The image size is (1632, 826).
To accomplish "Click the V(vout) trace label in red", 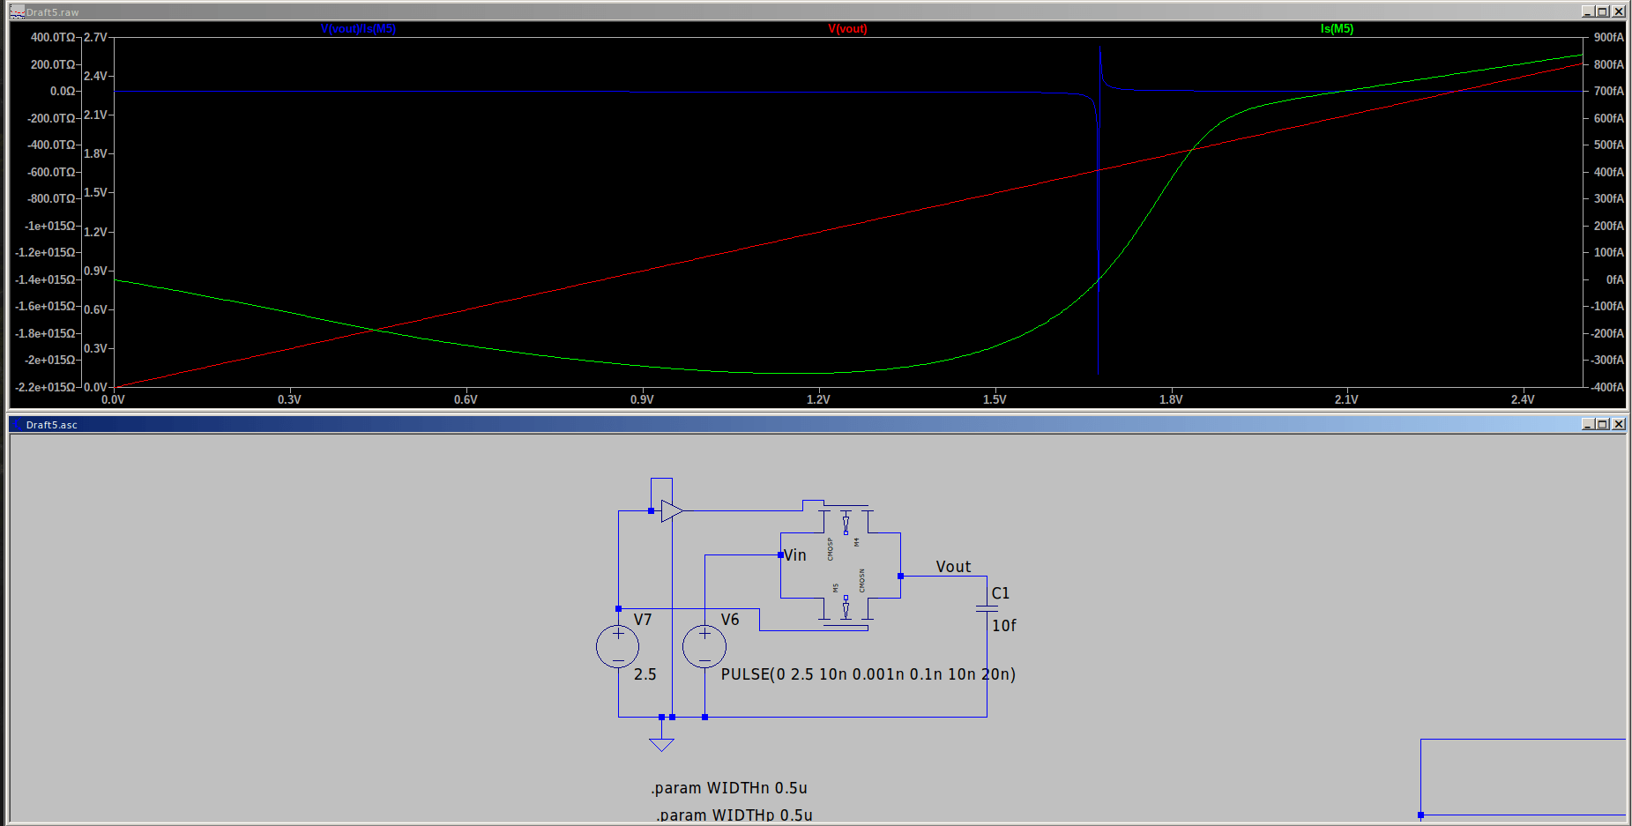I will point(847,29).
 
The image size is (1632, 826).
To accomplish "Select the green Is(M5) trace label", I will point(1337,29).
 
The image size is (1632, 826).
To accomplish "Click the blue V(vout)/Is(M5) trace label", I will point(358,29).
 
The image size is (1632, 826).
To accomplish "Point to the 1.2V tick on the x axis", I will point(818,399).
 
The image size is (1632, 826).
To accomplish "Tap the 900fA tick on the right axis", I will point(1608,37).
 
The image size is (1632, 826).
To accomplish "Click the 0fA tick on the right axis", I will point(1614,279).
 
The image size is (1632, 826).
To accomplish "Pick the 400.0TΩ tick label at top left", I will point(53,37).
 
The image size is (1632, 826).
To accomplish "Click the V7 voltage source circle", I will point(617,646).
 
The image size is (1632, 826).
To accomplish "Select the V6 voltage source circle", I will point(704,646).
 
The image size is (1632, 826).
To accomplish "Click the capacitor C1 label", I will point(1000,593).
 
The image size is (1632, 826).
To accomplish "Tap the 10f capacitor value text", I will point(1003,626).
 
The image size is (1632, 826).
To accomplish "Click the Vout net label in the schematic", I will point(953,567).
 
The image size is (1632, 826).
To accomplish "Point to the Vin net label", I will point(795,555).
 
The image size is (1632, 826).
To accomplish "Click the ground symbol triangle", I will point(661,744).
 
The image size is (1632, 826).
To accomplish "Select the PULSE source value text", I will point(868,674).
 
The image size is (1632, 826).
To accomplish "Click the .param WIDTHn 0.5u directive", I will point(729,788).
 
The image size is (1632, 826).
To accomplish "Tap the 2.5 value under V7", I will point(645,674).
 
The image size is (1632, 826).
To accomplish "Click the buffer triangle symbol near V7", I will point(671,510).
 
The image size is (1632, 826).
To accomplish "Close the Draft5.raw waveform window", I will point(1618,11).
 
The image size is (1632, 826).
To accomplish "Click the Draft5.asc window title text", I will point(52,425).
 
